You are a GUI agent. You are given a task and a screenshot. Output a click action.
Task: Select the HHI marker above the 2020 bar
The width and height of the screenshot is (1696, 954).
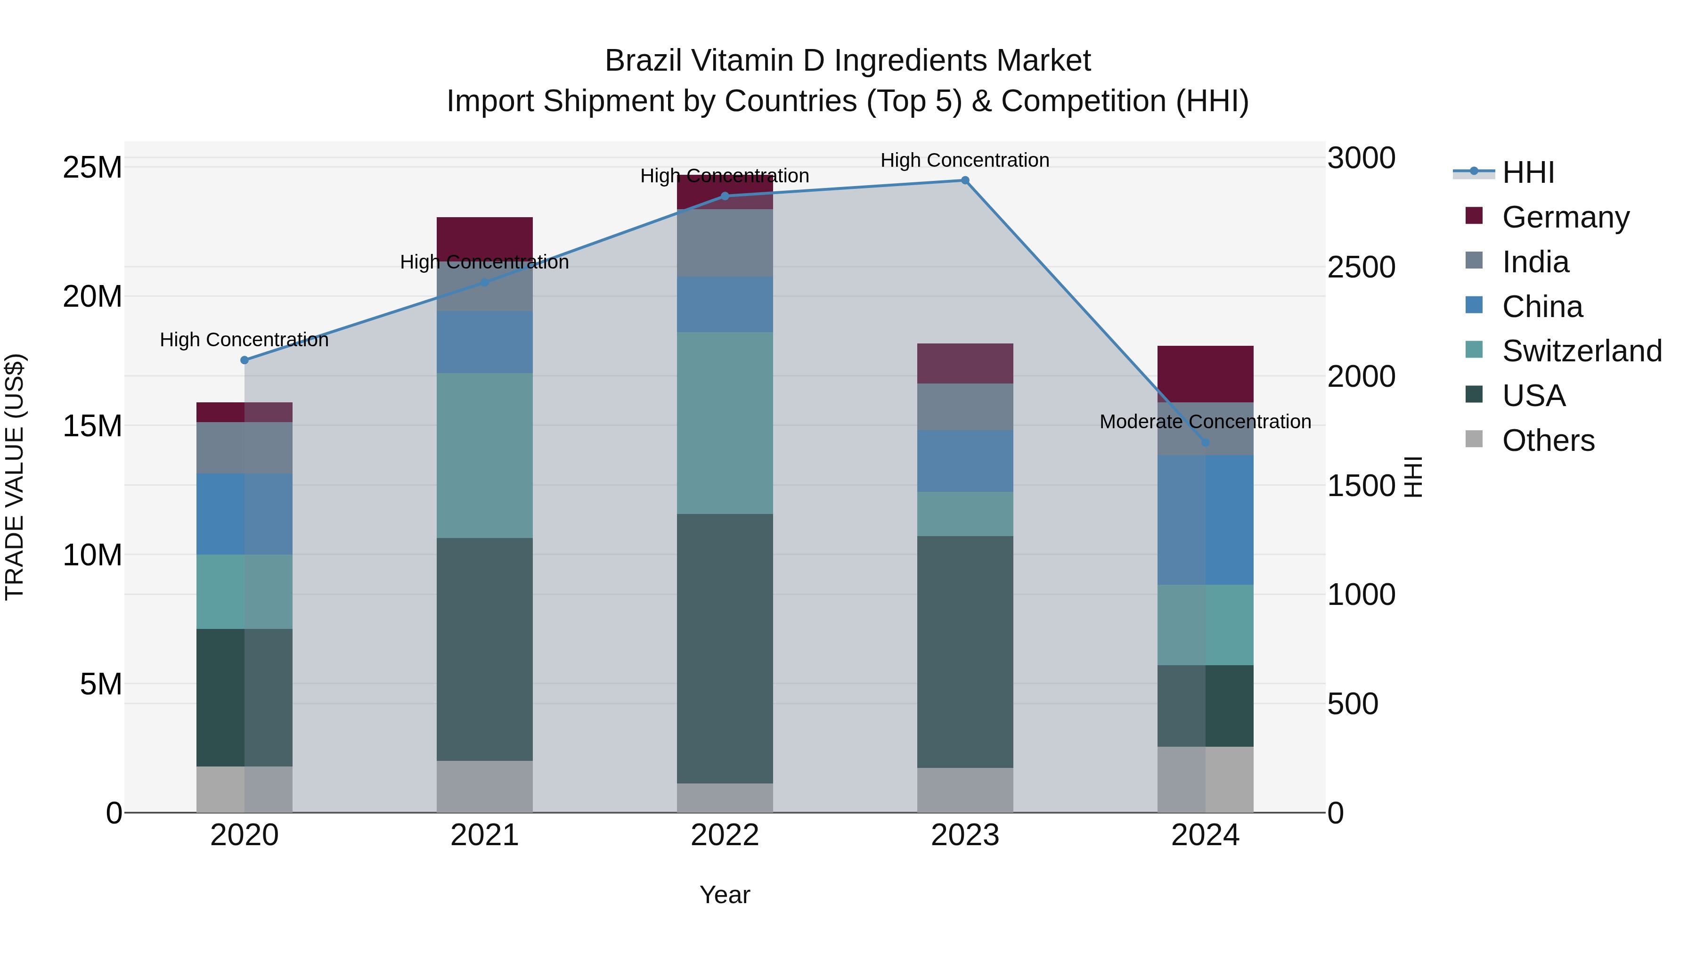[x=244, y=360]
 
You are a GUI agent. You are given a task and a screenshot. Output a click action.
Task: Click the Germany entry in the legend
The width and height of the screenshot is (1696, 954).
[x=1565, y=217]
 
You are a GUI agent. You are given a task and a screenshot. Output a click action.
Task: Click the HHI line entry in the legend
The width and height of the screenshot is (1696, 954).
[x=1527, y=172]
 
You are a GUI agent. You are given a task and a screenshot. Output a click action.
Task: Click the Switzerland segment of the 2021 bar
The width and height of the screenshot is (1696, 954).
[x=485, y=456]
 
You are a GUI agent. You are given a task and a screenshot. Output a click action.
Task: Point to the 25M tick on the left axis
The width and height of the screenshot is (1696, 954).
[x=92, y=167]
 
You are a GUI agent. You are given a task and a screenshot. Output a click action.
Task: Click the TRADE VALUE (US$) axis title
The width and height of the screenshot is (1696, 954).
[x=15, y=477]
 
